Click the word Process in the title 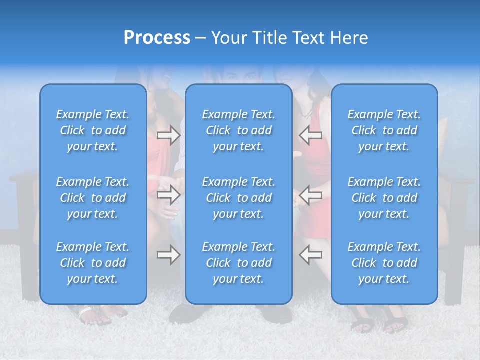[157, 38]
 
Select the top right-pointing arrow [169, 135]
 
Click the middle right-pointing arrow [169, 195]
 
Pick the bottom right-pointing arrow [169, 255]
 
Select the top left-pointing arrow [311, 135]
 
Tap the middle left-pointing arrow [311, 195]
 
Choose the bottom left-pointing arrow [311, 255]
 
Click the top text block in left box [93, 130]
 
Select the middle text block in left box [93, 198]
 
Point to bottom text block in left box [93, 263]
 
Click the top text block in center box [239, 130]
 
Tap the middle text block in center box [239, 198]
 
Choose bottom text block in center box [239, 263]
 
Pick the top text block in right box [384, 130]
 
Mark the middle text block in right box [384, 198]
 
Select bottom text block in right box [384, 263]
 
